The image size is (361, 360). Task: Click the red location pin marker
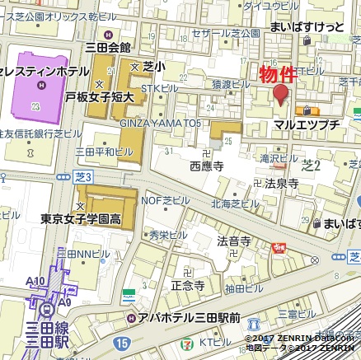point(281,94)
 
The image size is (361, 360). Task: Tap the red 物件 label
point(279,73)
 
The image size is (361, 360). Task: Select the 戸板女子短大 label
point(105,97)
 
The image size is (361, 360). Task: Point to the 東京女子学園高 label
point(82,219)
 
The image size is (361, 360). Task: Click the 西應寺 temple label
point(206,166)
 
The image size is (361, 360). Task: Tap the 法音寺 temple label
point(233,241)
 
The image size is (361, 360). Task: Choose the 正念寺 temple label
point(187,285)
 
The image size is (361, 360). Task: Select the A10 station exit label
point(35,282)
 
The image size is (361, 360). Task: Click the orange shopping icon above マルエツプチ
point(309,110)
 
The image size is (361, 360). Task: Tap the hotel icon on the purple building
point(35,106)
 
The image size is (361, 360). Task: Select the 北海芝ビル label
point(235,203)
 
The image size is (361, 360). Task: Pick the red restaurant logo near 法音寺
point(279,247)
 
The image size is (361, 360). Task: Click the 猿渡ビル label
point(231,83)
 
